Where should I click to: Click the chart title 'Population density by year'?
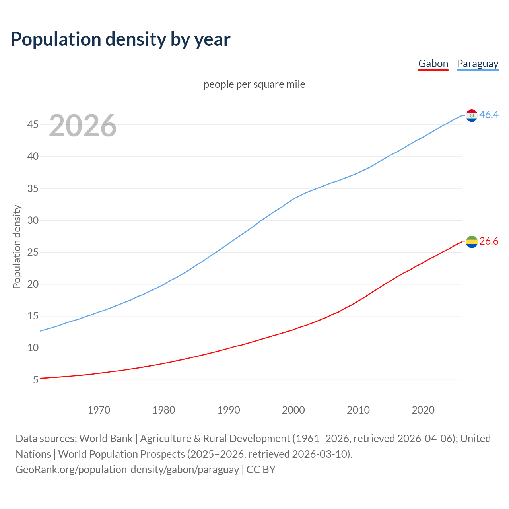click(x=120, y=39)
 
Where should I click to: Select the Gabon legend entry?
click(x=433, y=64)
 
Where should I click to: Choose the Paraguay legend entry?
click(x=477, y=64)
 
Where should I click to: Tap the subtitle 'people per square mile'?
click(x=254, y=84)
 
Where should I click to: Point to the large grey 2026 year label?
click(x=83, y=126)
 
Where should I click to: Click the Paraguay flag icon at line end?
click(x=472, y=115)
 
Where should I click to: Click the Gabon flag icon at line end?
click(x=472, y=241)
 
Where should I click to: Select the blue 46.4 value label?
click(x=489, y=115)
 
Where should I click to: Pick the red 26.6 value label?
click(x=489, y=241)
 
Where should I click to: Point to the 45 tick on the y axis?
click(x=33, y=125)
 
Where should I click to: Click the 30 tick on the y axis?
click(x=33, y=220)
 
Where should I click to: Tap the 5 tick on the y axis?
click(x=36, y=380)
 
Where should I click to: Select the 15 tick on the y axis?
click(x=33, y=316)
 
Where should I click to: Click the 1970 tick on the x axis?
click(x=99, y=410)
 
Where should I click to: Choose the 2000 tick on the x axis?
click(x=293, y=410)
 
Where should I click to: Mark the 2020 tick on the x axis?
click(x=423, y=410)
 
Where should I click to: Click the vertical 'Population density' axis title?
click(x=17, y=247)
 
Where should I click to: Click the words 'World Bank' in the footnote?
click(x=106, y=439)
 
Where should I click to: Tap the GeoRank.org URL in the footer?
click(x=127, y=470)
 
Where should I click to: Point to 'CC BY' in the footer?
click(x=261, y=470)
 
